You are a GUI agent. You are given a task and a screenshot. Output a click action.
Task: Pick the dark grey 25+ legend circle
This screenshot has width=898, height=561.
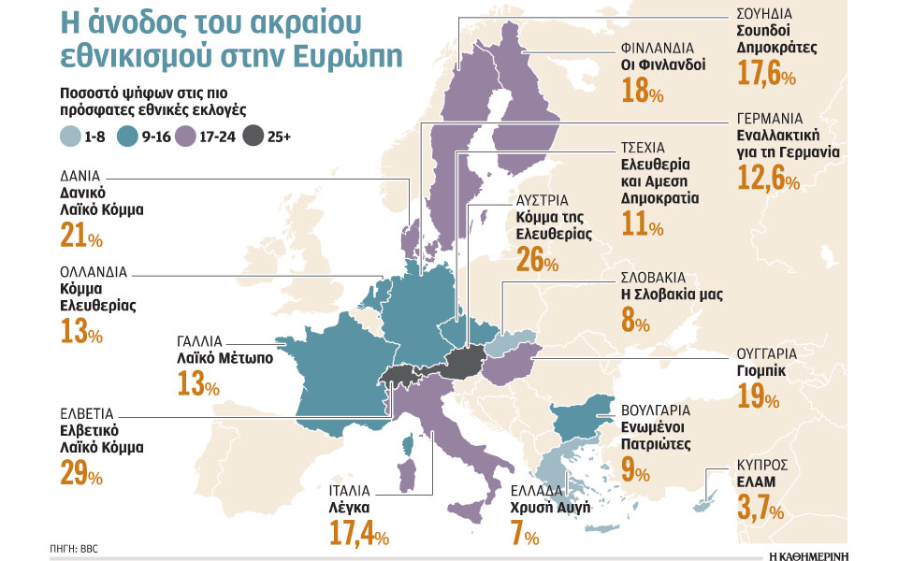pyautogui.click(x=251, y=136)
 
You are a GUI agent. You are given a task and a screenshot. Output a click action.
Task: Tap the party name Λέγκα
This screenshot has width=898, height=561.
pyautogui.click(x=351, y=507)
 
